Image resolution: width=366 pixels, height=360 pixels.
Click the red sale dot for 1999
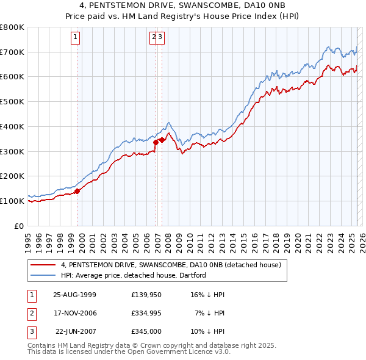coord(77,191)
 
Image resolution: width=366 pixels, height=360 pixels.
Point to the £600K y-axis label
coord(12,77)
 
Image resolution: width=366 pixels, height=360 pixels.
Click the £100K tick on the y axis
coord(12,201)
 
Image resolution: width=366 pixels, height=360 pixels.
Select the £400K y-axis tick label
coord(12,126)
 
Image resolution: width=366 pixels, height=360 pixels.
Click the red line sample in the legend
coord(43,265)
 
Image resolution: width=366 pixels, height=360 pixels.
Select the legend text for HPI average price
coord(133,275)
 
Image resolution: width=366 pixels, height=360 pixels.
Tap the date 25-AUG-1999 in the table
coord(75,294)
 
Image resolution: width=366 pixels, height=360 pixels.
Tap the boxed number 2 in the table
coord(30,313)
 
